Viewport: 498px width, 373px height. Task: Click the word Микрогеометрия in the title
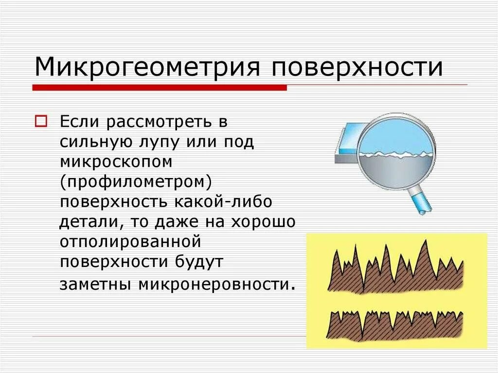coord(146,67)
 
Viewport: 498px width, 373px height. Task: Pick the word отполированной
coord(130,241)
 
